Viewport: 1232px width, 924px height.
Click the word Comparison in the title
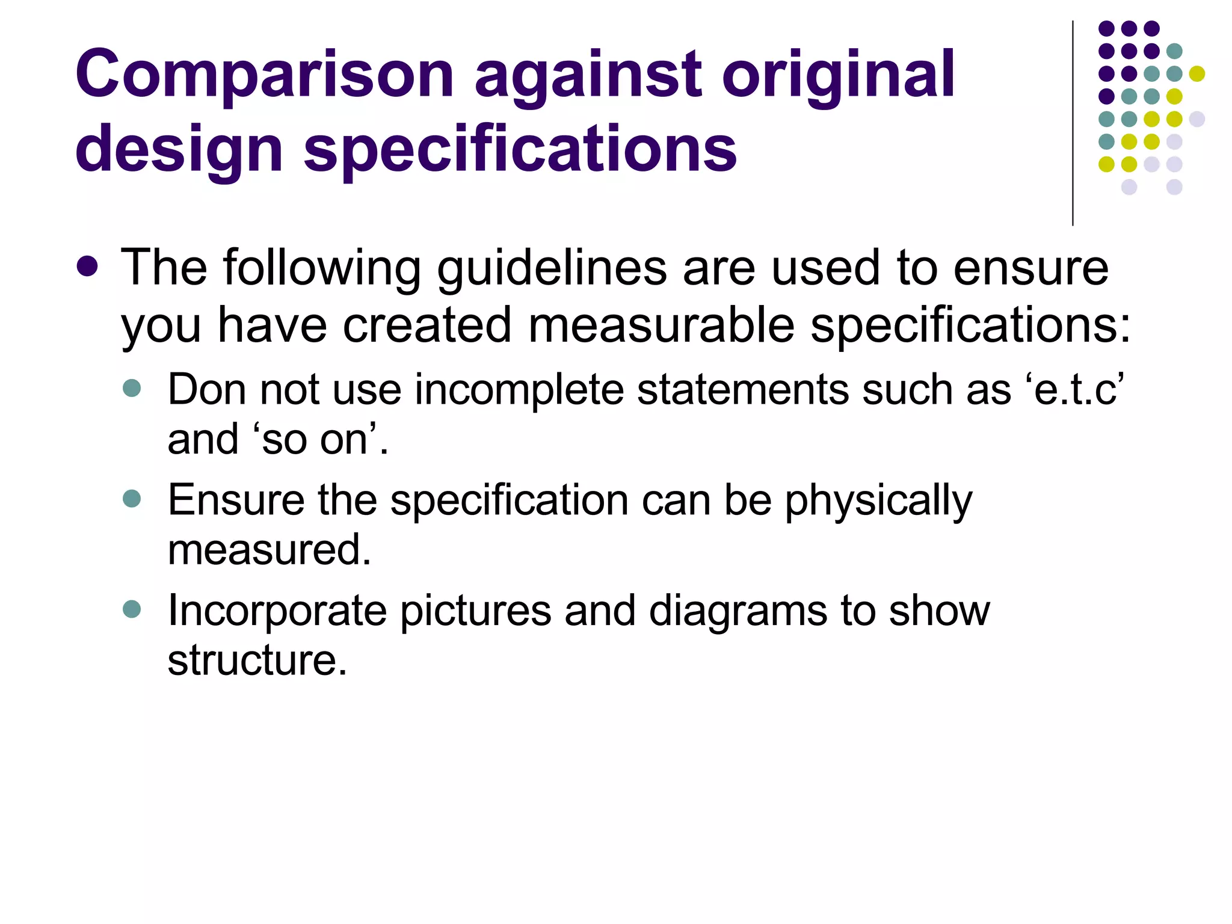click(x=264, y=75)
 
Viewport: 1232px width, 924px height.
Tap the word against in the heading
click(x=588, y=75)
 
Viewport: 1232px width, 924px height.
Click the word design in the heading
click(x=179, y=149)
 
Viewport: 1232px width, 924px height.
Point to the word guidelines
click(x=552, y=268)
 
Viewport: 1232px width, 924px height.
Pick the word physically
click(x=878, y=500)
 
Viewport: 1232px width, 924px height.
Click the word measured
click(x=269, y=550)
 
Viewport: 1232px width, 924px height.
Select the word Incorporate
click(x=277, y=611)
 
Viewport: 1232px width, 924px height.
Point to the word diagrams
click(x=738, y=611)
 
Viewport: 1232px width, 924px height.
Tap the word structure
click(x=257, y=661)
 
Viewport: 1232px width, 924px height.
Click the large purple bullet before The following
click(x=88, y=266)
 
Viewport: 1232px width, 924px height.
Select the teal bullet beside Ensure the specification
click(x=131, y=499)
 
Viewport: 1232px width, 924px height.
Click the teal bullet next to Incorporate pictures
click(x=131, y=609)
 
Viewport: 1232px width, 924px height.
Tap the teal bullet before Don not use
click(x=131, y=388)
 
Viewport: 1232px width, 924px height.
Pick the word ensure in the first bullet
click(x=1030, y=268)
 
